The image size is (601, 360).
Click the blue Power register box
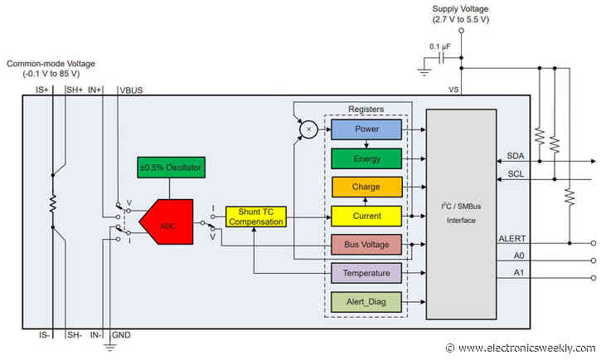tap(366, 129)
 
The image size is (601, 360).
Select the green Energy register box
tap(366, 158)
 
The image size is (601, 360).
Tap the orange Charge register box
tap(366, 187)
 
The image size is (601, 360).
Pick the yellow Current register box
tap(366, 216)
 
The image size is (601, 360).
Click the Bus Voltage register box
tap(366, 245)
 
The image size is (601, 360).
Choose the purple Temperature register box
tap(366, 272)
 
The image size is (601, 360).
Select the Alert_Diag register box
tap(366, 302)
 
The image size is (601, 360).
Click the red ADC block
tap(166, 221)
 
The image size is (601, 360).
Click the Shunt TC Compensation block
tap(255, 216)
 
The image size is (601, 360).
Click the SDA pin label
tap(515, 156)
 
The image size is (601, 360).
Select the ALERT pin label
tap(511, 238)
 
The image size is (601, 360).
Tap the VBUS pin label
tap(131, 89)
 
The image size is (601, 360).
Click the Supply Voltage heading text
tap(461, 10)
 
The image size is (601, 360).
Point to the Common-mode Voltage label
tap(51, 64)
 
